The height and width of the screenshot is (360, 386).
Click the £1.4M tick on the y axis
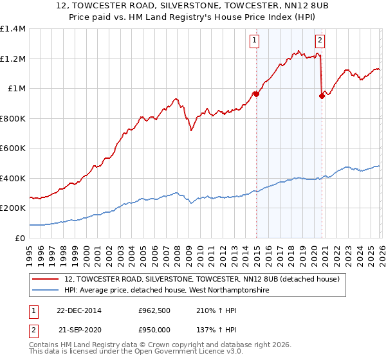[x=13, y=29]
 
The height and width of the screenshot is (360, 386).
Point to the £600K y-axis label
[x=13, y=148]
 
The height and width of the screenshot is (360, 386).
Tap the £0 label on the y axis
[x=19, y=238]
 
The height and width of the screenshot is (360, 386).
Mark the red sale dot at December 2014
[x=256, y=94]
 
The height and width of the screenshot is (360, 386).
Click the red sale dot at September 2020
[x=322, y=96]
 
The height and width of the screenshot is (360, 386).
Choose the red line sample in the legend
[x=46, y=280]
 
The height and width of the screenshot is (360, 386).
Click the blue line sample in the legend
[x=46, y=291]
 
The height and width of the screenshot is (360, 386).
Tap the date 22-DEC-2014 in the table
[x=79, y=310]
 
